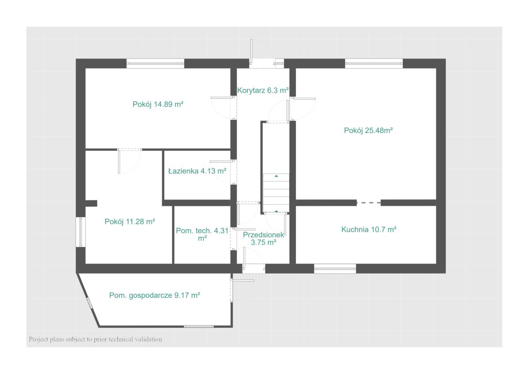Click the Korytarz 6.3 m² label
[x=263, y=90]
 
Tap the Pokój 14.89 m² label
[x=158, y=104]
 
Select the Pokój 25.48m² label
[x=368, y=130]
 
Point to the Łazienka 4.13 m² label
[x=197, y=171]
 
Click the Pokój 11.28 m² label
[x=130, y=222]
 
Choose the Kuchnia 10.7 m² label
[x=369, y=230]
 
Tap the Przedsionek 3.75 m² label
[x=263, y=239]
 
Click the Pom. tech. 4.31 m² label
[x=202, y=234]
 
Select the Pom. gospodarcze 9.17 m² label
[x=154, y=295]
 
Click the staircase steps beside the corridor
[x=276, y=193]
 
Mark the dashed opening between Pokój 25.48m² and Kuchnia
[x=369, y=203]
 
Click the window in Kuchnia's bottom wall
[x=335, y=269]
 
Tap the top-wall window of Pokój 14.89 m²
[x=155, y=63]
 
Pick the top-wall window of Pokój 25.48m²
[x=374, y=63]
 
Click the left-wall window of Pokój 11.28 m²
[x=81, y=232]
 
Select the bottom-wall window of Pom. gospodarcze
[x=199, y=326]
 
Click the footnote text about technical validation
[x=95, y=339]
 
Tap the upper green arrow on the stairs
[x=276, y=176]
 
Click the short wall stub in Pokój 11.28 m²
[x=91, y=204]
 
